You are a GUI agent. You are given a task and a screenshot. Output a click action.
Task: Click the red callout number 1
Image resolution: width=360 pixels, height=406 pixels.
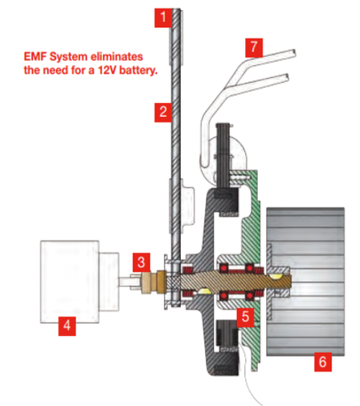(x=163, y=18)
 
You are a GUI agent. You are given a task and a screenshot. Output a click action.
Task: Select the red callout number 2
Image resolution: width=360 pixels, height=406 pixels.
(x=163, y=112)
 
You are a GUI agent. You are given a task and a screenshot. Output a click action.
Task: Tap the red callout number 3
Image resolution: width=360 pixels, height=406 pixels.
(x=141, y=263)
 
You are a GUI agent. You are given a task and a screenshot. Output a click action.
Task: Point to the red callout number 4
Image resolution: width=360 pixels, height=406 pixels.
(x=67, y=326)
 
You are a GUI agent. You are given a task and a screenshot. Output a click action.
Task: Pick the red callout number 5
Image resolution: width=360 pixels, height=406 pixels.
(x=245, y=317)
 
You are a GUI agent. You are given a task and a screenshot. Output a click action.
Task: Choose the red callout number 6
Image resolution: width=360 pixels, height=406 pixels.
(x=323, y=362)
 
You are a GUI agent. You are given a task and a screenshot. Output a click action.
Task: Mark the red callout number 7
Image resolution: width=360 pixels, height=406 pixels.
(x=254, y=47)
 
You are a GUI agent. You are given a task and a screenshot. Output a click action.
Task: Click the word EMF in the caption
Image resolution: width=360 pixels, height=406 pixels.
(x=35, y=57)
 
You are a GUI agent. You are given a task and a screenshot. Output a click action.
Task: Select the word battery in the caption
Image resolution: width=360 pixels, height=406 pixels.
(x=138, y=70)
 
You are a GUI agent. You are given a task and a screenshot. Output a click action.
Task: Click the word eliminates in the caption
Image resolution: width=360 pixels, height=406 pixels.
(x=117, y=57)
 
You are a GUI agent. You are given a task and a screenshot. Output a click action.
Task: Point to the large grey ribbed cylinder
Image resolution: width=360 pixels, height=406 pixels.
(x=305, y=282)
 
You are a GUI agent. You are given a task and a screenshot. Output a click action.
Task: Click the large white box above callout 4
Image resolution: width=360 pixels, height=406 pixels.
(x=69, y=282)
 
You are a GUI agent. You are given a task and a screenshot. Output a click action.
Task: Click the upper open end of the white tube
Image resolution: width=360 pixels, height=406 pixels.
(x=294, y=52)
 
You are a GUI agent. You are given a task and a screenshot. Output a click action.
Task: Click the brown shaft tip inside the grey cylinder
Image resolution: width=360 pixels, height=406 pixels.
(x=288, y=282)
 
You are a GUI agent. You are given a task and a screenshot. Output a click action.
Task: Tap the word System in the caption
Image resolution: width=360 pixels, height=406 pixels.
(x=68, y=58)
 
